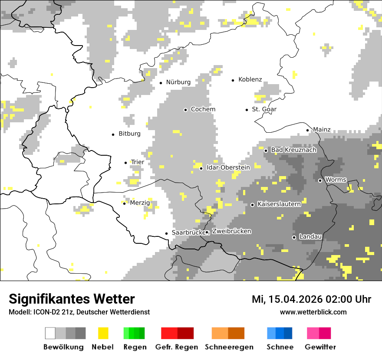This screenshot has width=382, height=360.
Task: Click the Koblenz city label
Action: click(x=250, y=79)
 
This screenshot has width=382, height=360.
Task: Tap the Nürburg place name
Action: click(x=178, y=82)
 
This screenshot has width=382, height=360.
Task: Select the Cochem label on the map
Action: click(x=203, y=109)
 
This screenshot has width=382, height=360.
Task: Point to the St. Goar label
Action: click(x=264, y=109)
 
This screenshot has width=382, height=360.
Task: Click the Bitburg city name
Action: click(x=129, y=134)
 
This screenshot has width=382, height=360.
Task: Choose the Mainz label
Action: click(x=322, y=129)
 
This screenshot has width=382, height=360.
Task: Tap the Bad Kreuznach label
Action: click(x=293, y=150)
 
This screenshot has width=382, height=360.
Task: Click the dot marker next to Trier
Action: click(x=126, y=163)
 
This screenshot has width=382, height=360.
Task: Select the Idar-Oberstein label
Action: click(x=228, y=167)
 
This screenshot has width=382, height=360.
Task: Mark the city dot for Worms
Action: click(x=320, y=180)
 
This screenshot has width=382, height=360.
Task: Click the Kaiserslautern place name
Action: click(x=279, y=204)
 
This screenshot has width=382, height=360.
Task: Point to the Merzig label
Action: click(x=140, y=203)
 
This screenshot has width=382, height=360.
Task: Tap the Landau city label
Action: click(x=310, y=236)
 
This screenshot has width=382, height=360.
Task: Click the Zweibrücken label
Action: click(x=231, y=231)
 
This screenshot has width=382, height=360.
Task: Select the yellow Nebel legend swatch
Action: click(x=103, y=333)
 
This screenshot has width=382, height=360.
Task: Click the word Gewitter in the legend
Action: click(x=320, y=347)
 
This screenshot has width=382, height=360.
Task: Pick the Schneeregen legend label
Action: click(x=229, y=347)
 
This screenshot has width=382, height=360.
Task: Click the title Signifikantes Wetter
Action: click(x=72, y=299)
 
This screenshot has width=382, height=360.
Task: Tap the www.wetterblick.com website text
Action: click(x=313, y=312)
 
